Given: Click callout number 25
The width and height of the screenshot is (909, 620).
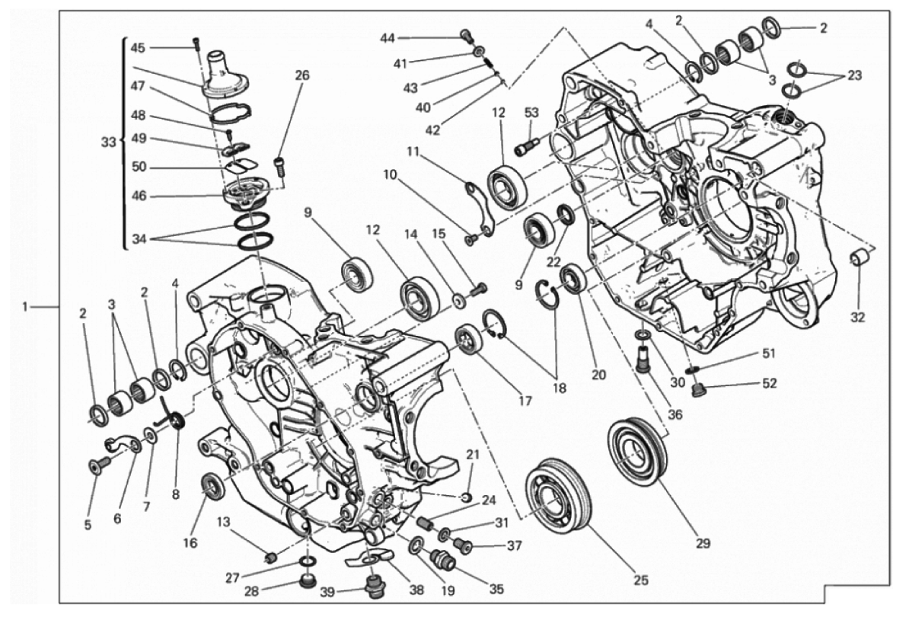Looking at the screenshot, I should [640, 580].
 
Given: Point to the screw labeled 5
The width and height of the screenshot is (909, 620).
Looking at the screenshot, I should [96, 467].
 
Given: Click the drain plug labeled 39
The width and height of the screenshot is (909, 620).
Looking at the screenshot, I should [373, 589].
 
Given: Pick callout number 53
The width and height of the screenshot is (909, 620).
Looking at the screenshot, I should [531, 113].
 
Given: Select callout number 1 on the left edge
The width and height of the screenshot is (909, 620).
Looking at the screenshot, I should [26, 307].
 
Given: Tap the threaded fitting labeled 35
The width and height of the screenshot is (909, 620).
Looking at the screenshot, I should [444, 562].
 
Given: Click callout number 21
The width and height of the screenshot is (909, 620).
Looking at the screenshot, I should [473, 455].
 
